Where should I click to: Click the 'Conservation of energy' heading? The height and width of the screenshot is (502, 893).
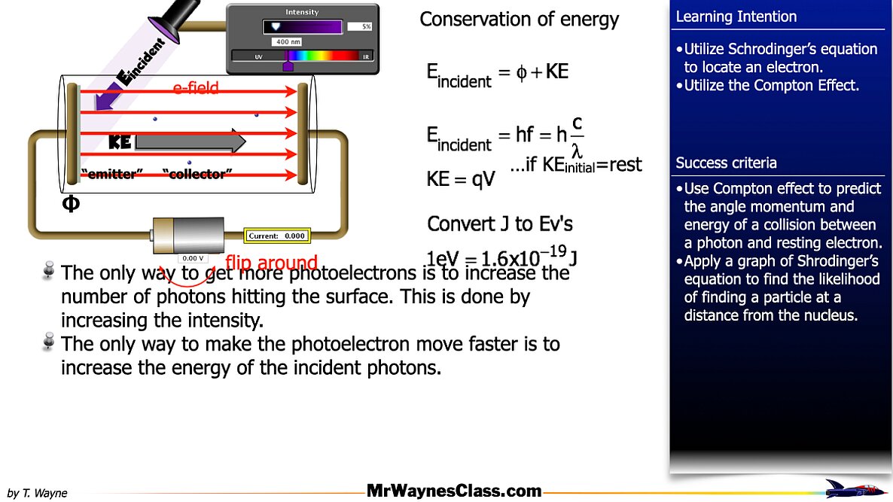519,20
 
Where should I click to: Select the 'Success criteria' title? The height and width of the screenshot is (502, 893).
726,163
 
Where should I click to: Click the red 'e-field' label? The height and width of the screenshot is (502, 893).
196,88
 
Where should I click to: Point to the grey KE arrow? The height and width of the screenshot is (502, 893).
190,141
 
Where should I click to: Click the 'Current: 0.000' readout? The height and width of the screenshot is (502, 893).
276,236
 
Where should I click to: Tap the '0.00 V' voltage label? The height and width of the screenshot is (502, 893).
193,258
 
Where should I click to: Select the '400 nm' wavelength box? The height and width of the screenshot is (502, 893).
288,41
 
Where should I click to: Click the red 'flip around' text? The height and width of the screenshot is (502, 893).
271,263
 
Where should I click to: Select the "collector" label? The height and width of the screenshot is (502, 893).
197,175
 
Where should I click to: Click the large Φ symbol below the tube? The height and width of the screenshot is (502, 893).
70,204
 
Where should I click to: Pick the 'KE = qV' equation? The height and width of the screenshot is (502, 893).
461,178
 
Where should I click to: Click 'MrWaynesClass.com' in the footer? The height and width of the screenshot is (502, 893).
454,491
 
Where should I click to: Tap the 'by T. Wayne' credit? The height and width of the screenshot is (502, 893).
37,493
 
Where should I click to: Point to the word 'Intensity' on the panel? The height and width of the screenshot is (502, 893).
302,12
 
